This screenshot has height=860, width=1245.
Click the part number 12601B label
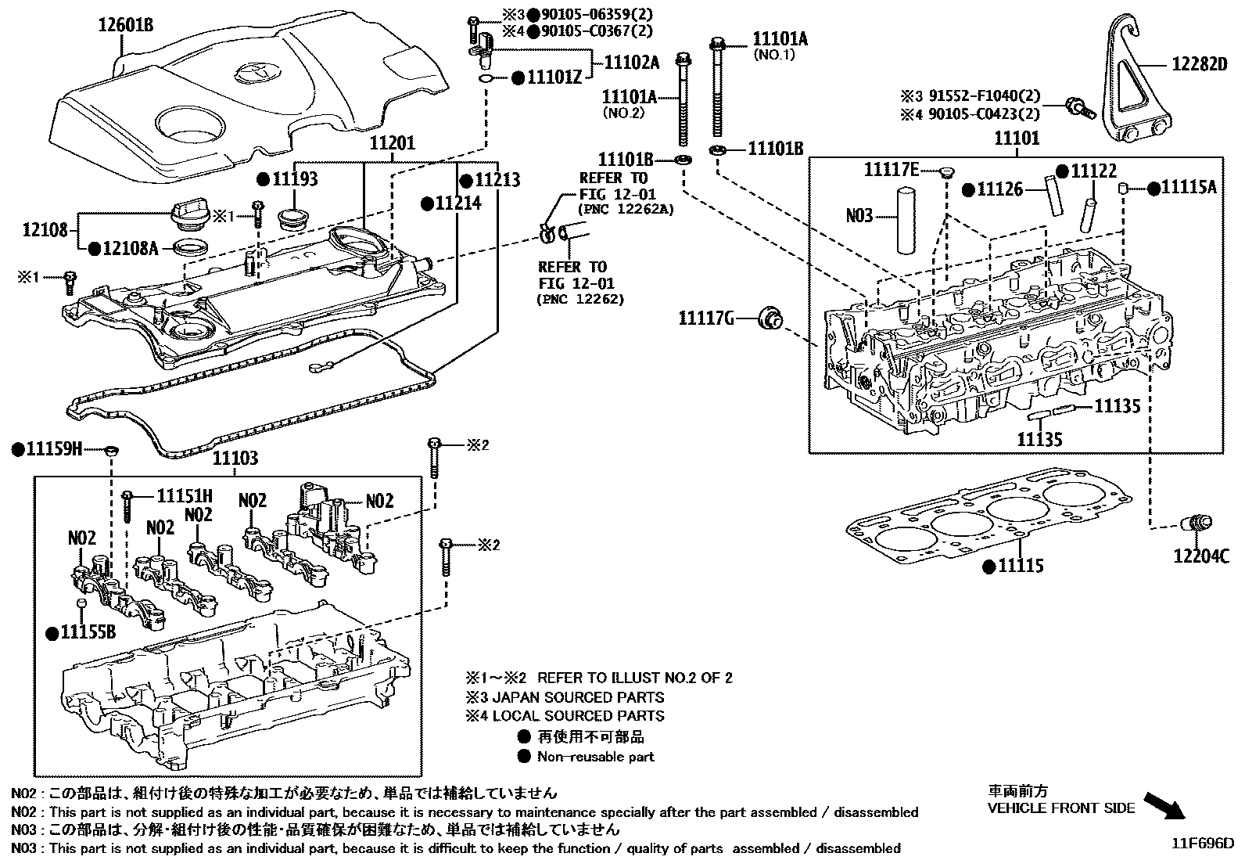click(125, 25)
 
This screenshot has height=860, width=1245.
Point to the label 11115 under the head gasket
click(1020, 565)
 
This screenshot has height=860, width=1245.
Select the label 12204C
click(1201, 556)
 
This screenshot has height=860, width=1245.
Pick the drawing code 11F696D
click(1201, 844)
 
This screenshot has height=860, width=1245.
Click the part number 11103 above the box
click(235, 458)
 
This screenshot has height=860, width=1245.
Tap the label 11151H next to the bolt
click(185, 495)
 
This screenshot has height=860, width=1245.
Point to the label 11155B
click(88, 632)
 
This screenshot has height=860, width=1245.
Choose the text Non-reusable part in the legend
click(595, 757)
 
